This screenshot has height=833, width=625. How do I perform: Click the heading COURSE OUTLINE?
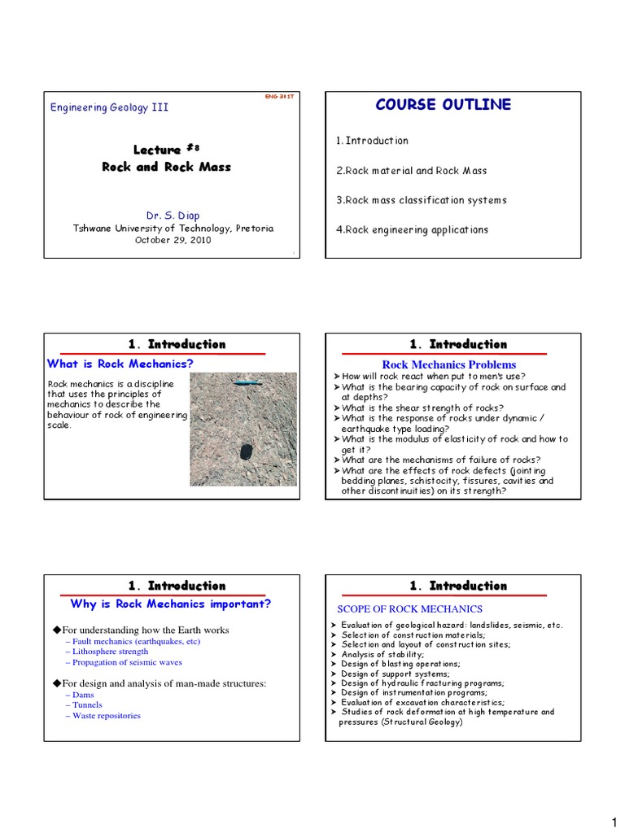coord(443,104)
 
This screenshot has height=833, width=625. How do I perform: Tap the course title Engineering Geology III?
coord(110,107)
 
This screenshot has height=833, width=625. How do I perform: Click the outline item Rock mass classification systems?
coord(421,200)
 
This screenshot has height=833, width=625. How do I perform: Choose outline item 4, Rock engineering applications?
coord(412,229)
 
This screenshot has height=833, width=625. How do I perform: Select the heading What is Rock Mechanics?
coord(120,364)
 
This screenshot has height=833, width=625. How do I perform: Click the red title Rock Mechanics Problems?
coord(449,364)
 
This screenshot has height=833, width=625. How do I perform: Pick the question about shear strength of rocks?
coord(422,408)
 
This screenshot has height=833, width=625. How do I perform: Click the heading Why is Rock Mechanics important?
coord(171,604)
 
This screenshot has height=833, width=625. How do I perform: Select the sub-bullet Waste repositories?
coord(106,716)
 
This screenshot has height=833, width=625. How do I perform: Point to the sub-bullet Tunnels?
coord(88,704)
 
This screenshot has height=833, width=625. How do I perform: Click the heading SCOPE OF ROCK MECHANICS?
coord(409,608)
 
